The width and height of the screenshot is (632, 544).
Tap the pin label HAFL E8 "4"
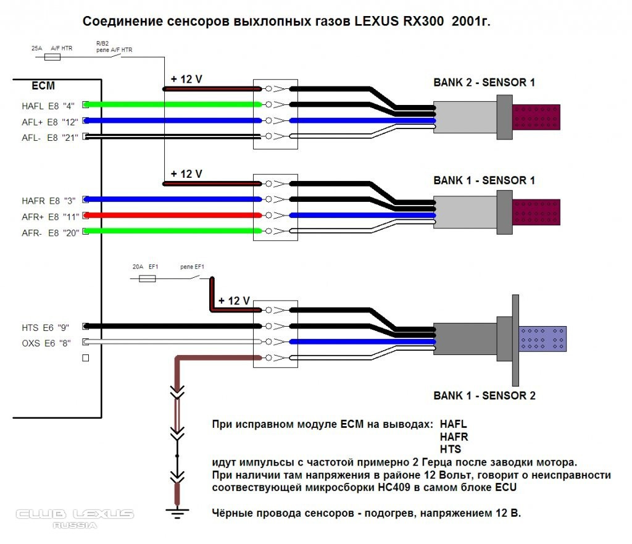click(x=49, y=106)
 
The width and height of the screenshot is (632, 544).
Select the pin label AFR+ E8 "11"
click(x=49, y=216)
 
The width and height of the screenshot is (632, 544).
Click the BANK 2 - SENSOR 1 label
click(x=484, y=82)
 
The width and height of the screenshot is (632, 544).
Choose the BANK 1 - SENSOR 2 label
click(x=484, y=396)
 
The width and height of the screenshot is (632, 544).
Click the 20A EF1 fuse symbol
click(x=148, y=279)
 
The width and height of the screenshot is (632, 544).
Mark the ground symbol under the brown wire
click(x=177, y=510)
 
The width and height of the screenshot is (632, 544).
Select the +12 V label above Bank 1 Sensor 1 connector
click(x=186, y=174)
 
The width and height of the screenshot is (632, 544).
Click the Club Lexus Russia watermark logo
click(x=74, y=517)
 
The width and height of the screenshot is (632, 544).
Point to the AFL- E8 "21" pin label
click(x=49, y=137)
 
